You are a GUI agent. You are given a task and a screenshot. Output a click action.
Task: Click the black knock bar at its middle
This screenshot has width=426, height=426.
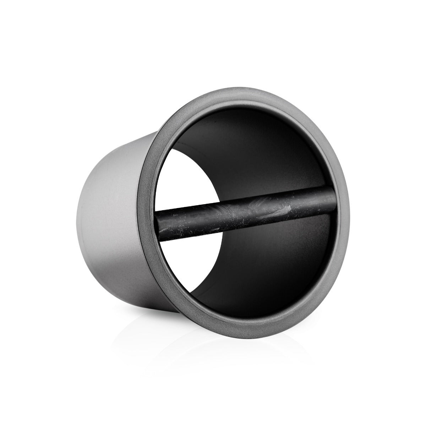tap(245, 212)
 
